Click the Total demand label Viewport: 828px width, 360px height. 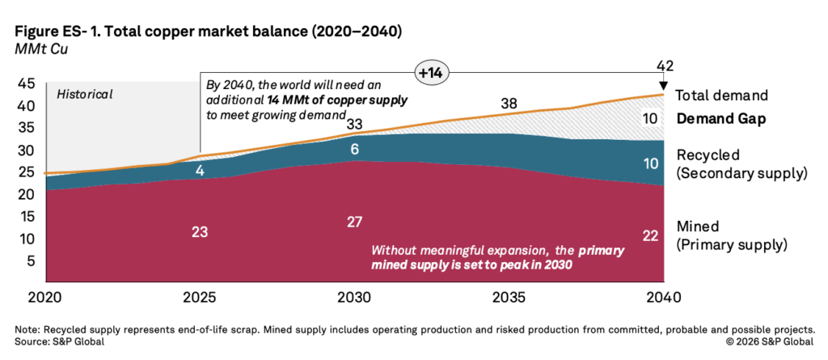[x=720, y=95]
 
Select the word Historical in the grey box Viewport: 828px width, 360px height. [x=85, y=94]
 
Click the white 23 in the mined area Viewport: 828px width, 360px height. [x=200, y=231]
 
